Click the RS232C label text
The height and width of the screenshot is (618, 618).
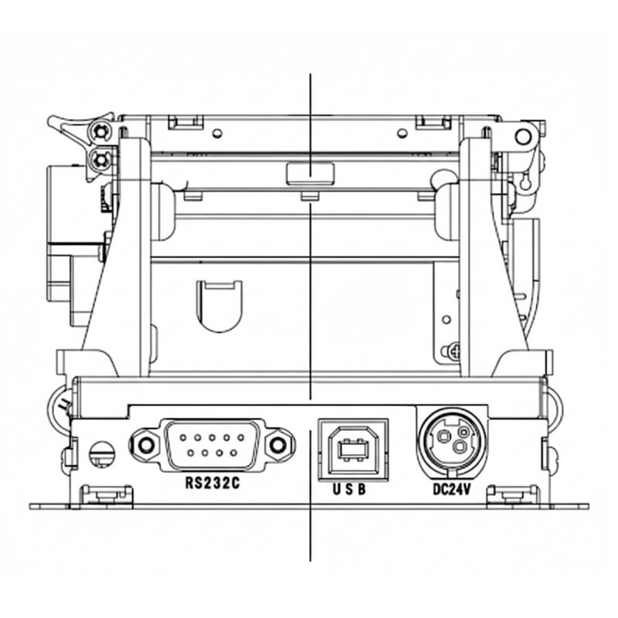212,484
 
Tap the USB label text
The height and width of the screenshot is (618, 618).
349,489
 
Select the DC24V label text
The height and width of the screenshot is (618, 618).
452,489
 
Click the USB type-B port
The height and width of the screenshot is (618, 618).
354,450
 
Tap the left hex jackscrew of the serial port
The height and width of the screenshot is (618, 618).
146,446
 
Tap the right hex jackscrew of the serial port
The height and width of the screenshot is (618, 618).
278,446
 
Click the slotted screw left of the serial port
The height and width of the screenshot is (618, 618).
102,453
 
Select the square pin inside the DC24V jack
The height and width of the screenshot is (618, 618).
444,436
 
